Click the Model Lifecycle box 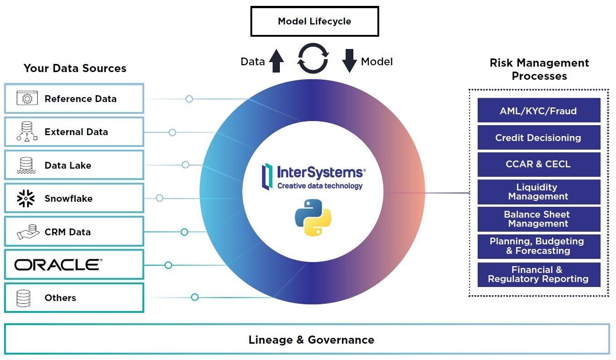(314, 21)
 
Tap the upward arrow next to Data (276, 61)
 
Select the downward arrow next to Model (349, 61)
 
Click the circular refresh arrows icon (313, 58)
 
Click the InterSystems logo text (320, 173)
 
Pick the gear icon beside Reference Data (27, 98)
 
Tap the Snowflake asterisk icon (26, 199)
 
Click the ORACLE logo (58, 265)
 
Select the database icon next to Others (24, 298)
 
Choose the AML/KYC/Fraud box (538, 111)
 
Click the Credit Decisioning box (538, 138)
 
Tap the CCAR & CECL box (538, 165)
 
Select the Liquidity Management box (538, 192)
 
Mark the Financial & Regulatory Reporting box (538, 275)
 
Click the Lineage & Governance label (311, 340)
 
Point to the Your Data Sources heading (75, 68)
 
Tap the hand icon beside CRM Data (26, 232)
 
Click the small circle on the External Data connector (172, 132)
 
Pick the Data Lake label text (68, 165)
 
